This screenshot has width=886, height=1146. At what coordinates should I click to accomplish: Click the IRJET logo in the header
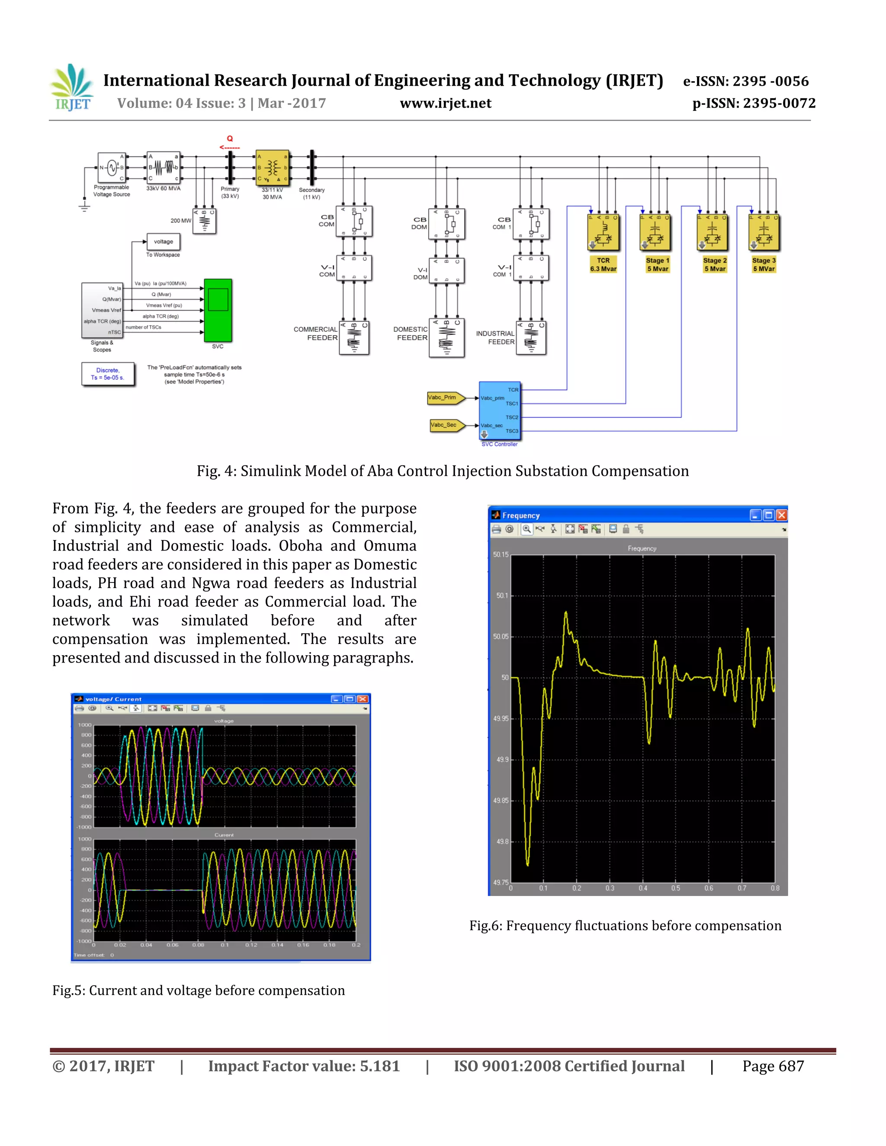[x=72, y=88]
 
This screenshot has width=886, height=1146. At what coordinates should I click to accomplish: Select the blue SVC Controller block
[x=499, y=410]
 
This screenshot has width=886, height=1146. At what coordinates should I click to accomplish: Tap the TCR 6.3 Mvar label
[x=603, y=265]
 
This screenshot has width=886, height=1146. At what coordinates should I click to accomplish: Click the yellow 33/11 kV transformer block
[x=272, y=167]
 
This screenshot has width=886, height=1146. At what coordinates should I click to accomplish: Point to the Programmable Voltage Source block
[x=111, y=168]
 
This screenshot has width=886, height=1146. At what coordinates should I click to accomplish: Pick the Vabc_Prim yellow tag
[x=445, y=398]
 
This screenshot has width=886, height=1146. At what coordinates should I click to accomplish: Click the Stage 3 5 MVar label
[x=764, y=265]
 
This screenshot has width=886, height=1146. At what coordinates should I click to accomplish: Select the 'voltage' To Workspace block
[x=163, y=242]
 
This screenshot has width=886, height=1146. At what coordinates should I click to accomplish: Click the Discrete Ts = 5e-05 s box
[x=108, y=374]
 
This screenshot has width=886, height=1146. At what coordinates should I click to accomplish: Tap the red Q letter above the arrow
[x=230, y=138]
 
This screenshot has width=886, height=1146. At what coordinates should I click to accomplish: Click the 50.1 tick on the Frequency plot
[x=502, y=595]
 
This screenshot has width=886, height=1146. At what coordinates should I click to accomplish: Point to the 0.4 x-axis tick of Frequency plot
[x=642, y=888]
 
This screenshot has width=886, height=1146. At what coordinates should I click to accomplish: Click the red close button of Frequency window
[x=782, y=515]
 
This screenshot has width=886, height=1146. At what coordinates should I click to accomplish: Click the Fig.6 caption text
[x=625, y=925]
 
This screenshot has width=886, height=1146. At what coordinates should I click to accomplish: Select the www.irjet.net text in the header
[x=445, y=103]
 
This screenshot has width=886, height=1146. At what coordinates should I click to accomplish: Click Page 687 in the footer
[x=773, y=1066]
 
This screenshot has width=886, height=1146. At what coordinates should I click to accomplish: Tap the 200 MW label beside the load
[x=180, y=221]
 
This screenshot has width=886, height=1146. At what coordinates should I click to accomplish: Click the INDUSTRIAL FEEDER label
[x=495, y=337]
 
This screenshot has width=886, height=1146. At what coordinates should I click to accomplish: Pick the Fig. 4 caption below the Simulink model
[x=443, y=471]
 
